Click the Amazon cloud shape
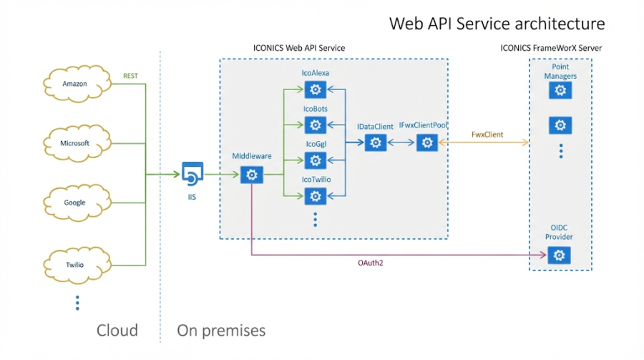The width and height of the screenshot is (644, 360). coord(75,84)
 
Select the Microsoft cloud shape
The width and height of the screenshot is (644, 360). coord(75,143)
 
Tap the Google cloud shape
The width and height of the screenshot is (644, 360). coord(75,203)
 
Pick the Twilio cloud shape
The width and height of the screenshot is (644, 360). coord(75,264)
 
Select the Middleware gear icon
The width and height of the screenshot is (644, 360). coord(250,175)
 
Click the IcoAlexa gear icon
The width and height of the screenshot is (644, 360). coord(315,89)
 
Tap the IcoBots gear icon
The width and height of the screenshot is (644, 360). coord(315,125)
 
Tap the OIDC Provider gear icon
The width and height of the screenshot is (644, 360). coord(559,255)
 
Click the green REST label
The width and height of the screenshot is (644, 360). coord(130,74)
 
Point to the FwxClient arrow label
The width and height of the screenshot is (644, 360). coord(487,135)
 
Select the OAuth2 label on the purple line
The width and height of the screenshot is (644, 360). coord(372,263)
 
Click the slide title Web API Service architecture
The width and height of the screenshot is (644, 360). coord(497,24)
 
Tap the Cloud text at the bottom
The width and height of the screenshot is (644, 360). coord(117,330)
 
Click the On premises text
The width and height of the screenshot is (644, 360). coord(221,330)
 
